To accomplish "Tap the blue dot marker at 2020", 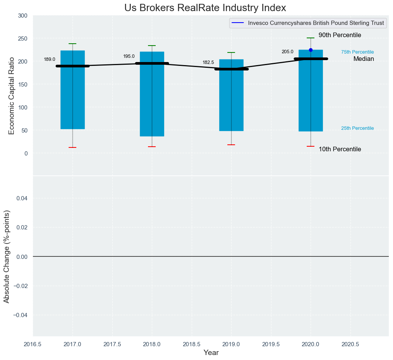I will tap(311, 50).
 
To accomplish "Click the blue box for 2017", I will tap(72, 100).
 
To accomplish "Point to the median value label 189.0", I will tap(49, 59).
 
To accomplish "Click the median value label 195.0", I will tap(129, 56).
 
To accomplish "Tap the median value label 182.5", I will tap(208, 62).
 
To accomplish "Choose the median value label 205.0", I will tap(288, 52).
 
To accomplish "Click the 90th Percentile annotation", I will tap(340, 35).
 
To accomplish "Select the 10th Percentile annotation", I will tap(340, 149).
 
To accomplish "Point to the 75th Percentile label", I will tap(357, 52).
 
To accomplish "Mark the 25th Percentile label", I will tap(357, 128).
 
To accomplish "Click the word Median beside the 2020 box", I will tap(363, 59).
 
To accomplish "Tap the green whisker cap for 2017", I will tap(72, 44).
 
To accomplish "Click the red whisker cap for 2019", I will tap(231, 145).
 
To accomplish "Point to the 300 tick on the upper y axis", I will tap(23, 16).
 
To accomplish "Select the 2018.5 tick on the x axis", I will tap(191, 344).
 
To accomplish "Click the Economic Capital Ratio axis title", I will tap(12, 96).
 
